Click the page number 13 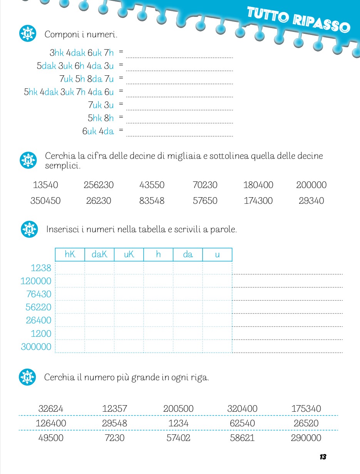(323, 457)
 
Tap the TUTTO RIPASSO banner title (298, 20)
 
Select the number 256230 (99, 185)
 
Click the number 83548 (152, 201)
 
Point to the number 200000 (311, 185)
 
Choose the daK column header (99, 254)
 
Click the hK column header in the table (70, 254)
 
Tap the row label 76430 (39, 294)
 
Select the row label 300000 (36, 347)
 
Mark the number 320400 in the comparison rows (242, 409)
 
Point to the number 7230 (114, 438)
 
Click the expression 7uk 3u (101, 105)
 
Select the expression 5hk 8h (100, 118)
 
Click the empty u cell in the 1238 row (217, 268)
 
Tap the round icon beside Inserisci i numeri (29, 230)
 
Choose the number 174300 (258, 201)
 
